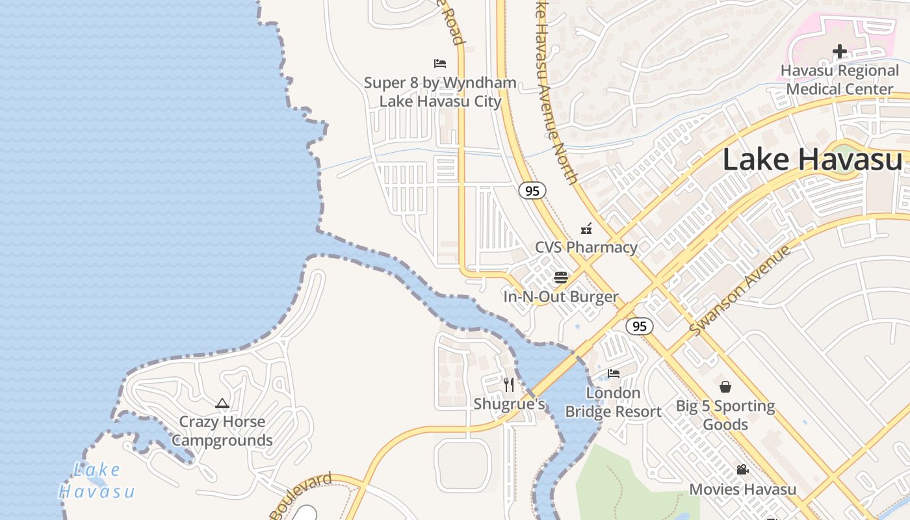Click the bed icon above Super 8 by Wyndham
[440, 64]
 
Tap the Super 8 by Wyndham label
[440, 92]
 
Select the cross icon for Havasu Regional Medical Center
[840, 51]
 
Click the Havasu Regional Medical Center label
[840, 79]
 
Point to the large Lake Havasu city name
[812, 160]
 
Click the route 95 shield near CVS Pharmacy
[532, 190]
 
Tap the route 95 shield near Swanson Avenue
[640, 326]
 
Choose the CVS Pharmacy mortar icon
[586, 228]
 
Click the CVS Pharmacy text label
[586, 247]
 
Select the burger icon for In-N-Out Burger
[561, 278]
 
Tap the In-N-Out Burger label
[561, 297]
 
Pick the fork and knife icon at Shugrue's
[509, 385]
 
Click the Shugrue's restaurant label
[509, 404]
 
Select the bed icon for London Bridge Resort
[614, 374]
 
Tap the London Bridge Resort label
[614, 402]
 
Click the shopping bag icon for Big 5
[725, 387]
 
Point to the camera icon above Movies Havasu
[742, 469]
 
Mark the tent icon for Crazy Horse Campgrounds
[222, 403]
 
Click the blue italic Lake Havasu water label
[97, 480]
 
